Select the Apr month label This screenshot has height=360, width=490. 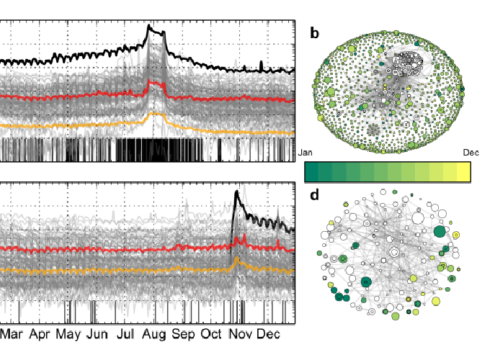point(40,335)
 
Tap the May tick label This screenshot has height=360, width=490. point(68,335)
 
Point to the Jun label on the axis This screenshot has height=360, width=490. point(97,335)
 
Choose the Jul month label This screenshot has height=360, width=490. point(125,335)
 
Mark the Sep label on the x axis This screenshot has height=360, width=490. point(183,335)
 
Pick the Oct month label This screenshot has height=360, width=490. point(211,335)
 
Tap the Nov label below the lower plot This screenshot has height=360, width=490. point(240,335)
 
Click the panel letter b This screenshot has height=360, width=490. point(314,32)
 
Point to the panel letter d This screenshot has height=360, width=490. point(314,194)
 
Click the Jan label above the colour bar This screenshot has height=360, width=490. point(305,153)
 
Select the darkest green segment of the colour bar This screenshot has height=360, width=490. point(313,171)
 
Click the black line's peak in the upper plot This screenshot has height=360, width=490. point(149,26)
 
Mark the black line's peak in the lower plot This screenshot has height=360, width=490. point(236,192)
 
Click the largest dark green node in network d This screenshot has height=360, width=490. point(439,232)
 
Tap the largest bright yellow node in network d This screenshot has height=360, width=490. point(414,278)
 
